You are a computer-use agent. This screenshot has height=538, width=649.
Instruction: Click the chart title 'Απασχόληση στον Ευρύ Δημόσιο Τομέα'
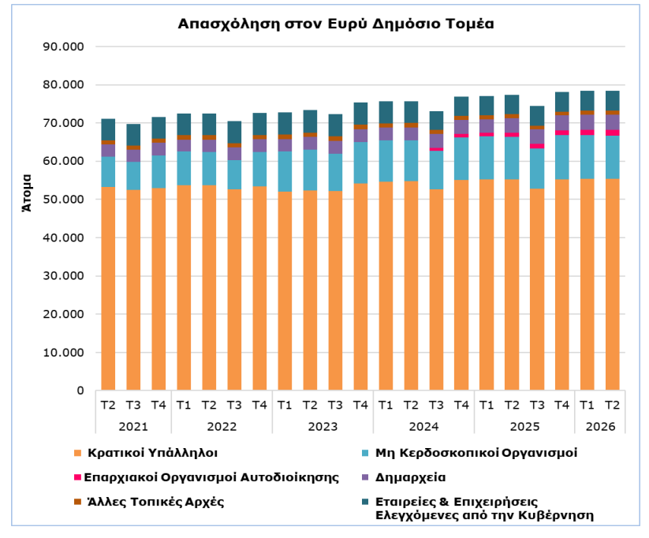click(x=336, y=24)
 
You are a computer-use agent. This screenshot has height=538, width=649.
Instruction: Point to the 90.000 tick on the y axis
click(x=63, y=47)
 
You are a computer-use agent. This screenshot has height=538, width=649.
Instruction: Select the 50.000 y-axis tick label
click(x=63, y=200)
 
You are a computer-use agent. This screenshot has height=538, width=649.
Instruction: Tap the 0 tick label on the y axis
click(x=80, y=390)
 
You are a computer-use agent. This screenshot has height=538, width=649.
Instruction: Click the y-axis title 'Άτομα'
click(x=27, y=193)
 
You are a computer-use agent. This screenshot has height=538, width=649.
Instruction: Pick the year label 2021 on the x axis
click(x=133, y=427)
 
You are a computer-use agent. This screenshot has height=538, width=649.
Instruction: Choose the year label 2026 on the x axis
click(x=600, y=427)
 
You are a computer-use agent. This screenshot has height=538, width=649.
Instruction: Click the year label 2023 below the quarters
click(x=323, y=427)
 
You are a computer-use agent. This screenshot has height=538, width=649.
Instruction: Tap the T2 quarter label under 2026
click(x=613, y=405)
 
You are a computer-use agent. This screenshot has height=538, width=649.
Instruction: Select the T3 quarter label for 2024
click(x=436, y=405)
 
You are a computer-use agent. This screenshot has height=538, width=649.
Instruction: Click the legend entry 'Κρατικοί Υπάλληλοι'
click(x=152, y=453)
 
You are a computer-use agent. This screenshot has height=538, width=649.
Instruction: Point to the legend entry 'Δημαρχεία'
click(x=410, y=477)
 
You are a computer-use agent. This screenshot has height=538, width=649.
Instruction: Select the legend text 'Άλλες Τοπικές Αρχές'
click(x=155, y=502)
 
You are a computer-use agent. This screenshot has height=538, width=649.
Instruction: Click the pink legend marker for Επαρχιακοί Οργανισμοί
click(x=77, y=477)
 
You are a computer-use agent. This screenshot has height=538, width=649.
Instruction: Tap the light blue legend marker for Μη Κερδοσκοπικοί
click(x=365, y=453)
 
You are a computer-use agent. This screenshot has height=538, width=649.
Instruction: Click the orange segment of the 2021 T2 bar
click(x=108, y=289)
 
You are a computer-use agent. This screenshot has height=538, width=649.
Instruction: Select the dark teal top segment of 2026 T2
click(x=613, y=101)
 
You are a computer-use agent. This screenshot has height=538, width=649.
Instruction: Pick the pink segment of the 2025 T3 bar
click(x=537, y=146)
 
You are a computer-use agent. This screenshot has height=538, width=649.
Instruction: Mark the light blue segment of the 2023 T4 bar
click(x=360, y=163)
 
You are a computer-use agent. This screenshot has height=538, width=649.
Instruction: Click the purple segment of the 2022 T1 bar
click(x=184, y=145)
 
